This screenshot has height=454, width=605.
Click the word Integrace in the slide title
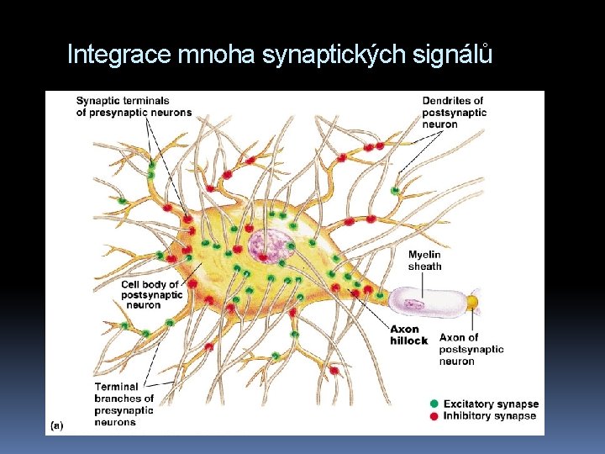click(x=119, y=55)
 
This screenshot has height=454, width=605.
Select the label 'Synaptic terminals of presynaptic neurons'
click(x=134, y=107)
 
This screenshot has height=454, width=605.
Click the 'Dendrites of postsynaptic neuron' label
click(x=454, y=113)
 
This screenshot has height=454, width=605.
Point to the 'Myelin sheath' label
click(x=424, y=261)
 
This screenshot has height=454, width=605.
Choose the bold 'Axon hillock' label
click(x=408, y=335)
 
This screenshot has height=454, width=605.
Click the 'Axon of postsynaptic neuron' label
click(x=471, y=349)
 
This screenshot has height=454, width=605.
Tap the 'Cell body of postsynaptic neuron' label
click(x=151, y=294)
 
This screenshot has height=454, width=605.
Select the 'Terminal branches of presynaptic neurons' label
click(x=124, y=404)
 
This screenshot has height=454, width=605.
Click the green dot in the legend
click(x=434, y=404)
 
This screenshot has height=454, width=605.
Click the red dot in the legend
click(x=434, y=416)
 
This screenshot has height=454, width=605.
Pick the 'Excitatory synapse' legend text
click(x=491, y=404)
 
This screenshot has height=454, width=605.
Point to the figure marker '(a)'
click(x=57, y=425)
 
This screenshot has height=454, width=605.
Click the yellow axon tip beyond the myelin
click(x=472, y=300)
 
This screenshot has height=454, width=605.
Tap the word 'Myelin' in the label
click(x=424, y=255)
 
